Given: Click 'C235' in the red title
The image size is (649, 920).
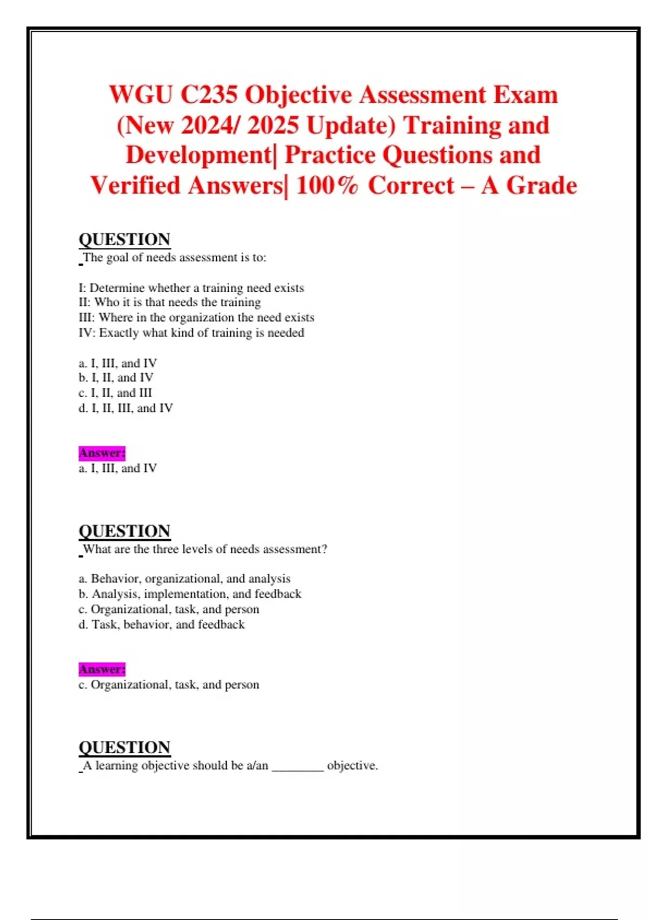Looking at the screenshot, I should pos(209,95).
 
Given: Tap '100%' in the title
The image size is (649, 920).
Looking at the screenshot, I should pos(327,186).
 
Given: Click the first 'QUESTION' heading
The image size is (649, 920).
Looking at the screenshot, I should pos(124,239).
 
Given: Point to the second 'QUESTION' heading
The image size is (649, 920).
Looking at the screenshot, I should pos(124,531).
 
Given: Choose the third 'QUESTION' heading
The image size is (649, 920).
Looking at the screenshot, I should pos(124,747).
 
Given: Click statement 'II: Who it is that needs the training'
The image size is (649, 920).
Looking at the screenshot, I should pos(169,302).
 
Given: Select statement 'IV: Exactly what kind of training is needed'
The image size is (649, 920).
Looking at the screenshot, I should pos(191,333).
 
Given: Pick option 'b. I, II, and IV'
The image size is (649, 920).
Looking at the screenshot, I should pos(116,378).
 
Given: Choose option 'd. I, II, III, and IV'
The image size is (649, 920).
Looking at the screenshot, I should pos(125,408).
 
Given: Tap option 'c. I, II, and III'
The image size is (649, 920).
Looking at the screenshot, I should pos(115,393).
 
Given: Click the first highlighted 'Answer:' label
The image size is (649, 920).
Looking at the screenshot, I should pos(102,452).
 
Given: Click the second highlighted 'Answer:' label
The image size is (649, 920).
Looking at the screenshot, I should pos(102,669).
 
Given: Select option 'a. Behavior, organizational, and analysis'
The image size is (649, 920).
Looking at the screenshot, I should pos(184,579).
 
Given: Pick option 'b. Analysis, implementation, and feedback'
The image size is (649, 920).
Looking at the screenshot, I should pos(190,594).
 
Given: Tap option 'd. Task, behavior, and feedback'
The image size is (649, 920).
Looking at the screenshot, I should pos(161,625).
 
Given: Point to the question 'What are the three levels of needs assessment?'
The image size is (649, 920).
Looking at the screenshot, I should pos(204,549).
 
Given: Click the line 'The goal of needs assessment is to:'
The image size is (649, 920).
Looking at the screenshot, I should pos(174,258).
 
